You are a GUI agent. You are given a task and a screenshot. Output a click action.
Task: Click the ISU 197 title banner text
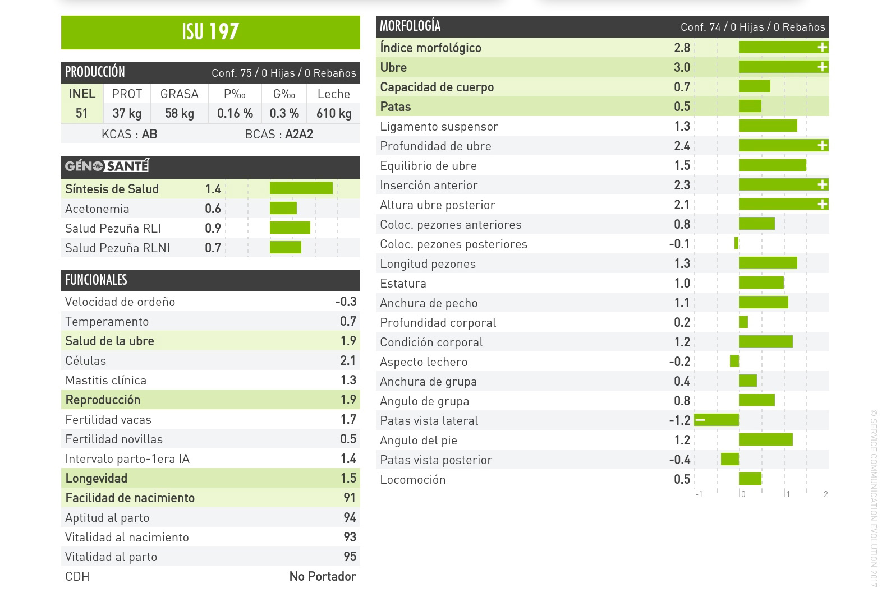pos(210,32)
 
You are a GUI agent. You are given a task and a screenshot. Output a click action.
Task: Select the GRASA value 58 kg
pos(180,114)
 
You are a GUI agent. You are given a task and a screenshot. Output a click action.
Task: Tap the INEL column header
pos(82,94)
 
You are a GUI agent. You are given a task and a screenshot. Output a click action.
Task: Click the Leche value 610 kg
pos(334,114)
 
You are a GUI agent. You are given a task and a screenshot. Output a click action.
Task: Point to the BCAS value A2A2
pos(299,135)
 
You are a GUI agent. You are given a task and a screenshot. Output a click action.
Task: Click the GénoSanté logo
pos(107,166)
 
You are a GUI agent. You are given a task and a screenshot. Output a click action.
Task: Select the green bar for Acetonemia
pos(283,209)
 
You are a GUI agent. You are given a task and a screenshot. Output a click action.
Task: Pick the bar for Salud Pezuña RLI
pos(290,228)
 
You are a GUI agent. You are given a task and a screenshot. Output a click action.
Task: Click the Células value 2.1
pos(348,361)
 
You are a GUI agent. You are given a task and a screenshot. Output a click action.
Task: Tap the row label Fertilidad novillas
pos(114,439)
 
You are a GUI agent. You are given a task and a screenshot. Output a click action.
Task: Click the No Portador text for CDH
pos(323,577)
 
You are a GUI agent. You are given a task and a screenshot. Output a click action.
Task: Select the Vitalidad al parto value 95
pos(350,557)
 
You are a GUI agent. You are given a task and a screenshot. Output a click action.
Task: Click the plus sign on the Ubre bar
pos(823,67)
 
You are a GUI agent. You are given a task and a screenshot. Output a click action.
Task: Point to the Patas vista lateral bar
pos(717,420)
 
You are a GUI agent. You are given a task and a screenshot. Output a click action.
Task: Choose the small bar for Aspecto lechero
pos(734,362)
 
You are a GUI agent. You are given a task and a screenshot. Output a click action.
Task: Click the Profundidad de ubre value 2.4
pos(682,146)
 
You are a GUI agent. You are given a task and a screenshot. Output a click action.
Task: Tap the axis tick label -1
pos(699,494)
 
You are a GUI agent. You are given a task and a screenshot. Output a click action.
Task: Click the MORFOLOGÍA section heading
pos(410,26)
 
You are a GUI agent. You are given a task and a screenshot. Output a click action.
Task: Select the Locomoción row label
pos(413,480)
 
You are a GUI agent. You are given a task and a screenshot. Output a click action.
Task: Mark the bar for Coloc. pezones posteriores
pos(737,244)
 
